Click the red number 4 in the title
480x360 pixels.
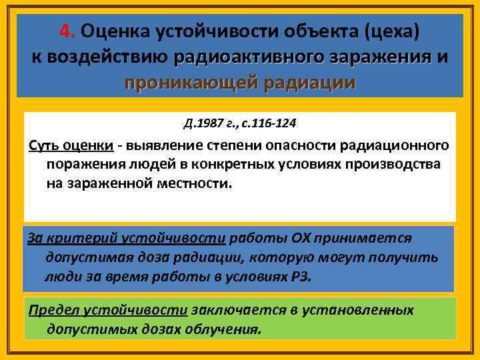(x=63, y=31)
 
